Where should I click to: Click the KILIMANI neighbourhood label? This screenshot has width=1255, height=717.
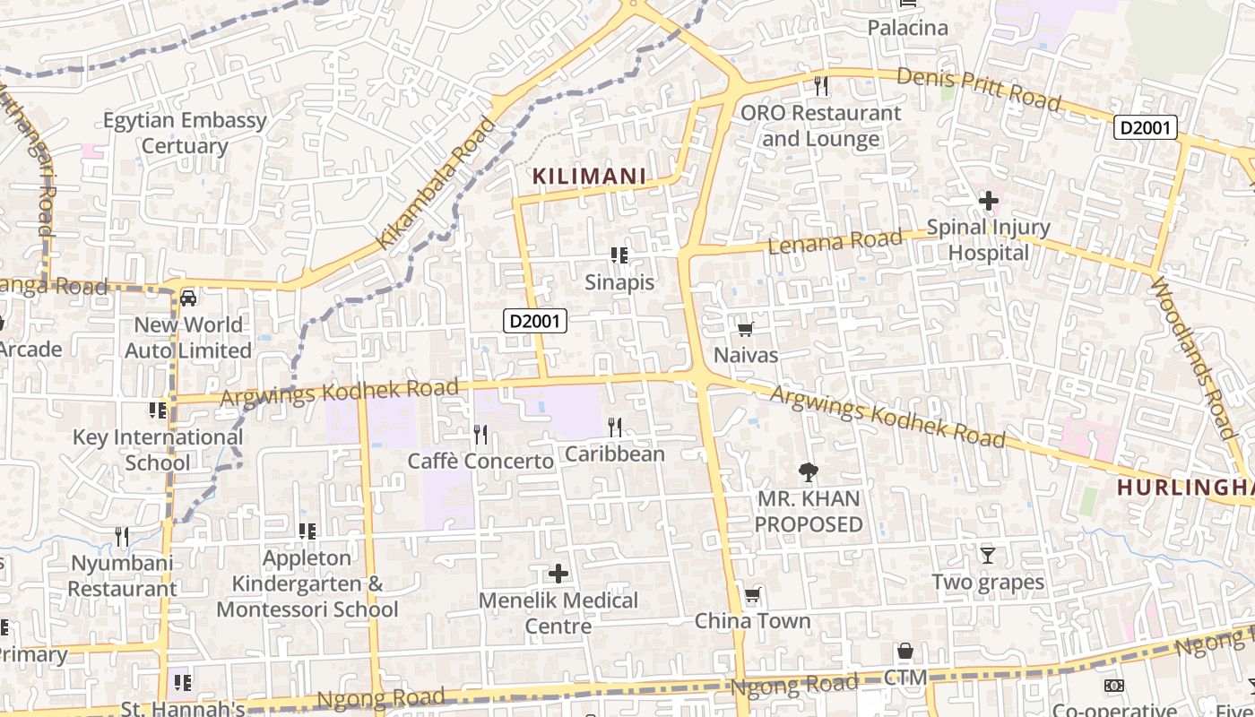(x=590, y=177)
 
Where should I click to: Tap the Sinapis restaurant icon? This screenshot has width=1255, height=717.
(x=619, y=255)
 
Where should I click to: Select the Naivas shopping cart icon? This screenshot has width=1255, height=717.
(x=745, y=329)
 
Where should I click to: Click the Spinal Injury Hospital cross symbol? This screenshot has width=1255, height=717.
(x=988, y=201)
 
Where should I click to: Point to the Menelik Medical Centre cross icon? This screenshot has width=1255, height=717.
(x=558, y=573)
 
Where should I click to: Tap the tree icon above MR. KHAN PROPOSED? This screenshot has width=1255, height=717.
(x=808, y=471)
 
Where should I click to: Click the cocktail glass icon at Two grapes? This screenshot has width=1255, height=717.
(x=987, y=556)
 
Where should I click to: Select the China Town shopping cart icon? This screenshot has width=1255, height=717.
(x=752, y=595)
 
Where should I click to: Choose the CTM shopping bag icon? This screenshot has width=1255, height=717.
(x=904, y=651)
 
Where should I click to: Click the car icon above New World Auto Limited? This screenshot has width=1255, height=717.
(x=188, y=298)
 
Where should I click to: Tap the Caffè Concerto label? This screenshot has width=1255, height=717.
(x=480, y=462)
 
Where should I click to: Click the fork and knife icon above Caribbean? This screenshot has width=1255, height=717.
(x=615, y=427)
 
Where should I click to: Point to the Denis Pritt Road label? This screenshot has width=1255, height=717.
(x=979, y=89)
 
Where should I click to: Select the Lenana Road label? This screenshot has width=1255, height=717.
(x=835, y=241)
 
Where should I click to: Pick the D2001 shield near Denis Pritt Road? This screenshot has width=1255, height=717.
(x=1145, y=127)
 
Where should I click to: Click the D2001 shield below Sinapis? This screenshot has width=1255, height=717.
(x=535, y=320)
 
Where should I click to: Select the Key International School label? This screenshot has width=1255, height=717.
(x=158, y=450)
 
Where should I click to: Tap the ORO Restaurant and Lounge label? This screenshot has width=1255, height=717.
(x=820, y=125)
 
